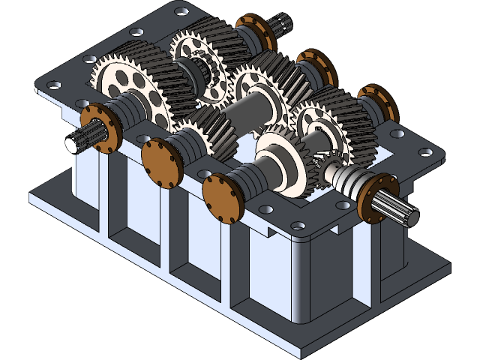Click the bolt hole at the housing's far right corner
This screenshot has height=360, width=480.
click(x=426, y=152)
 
